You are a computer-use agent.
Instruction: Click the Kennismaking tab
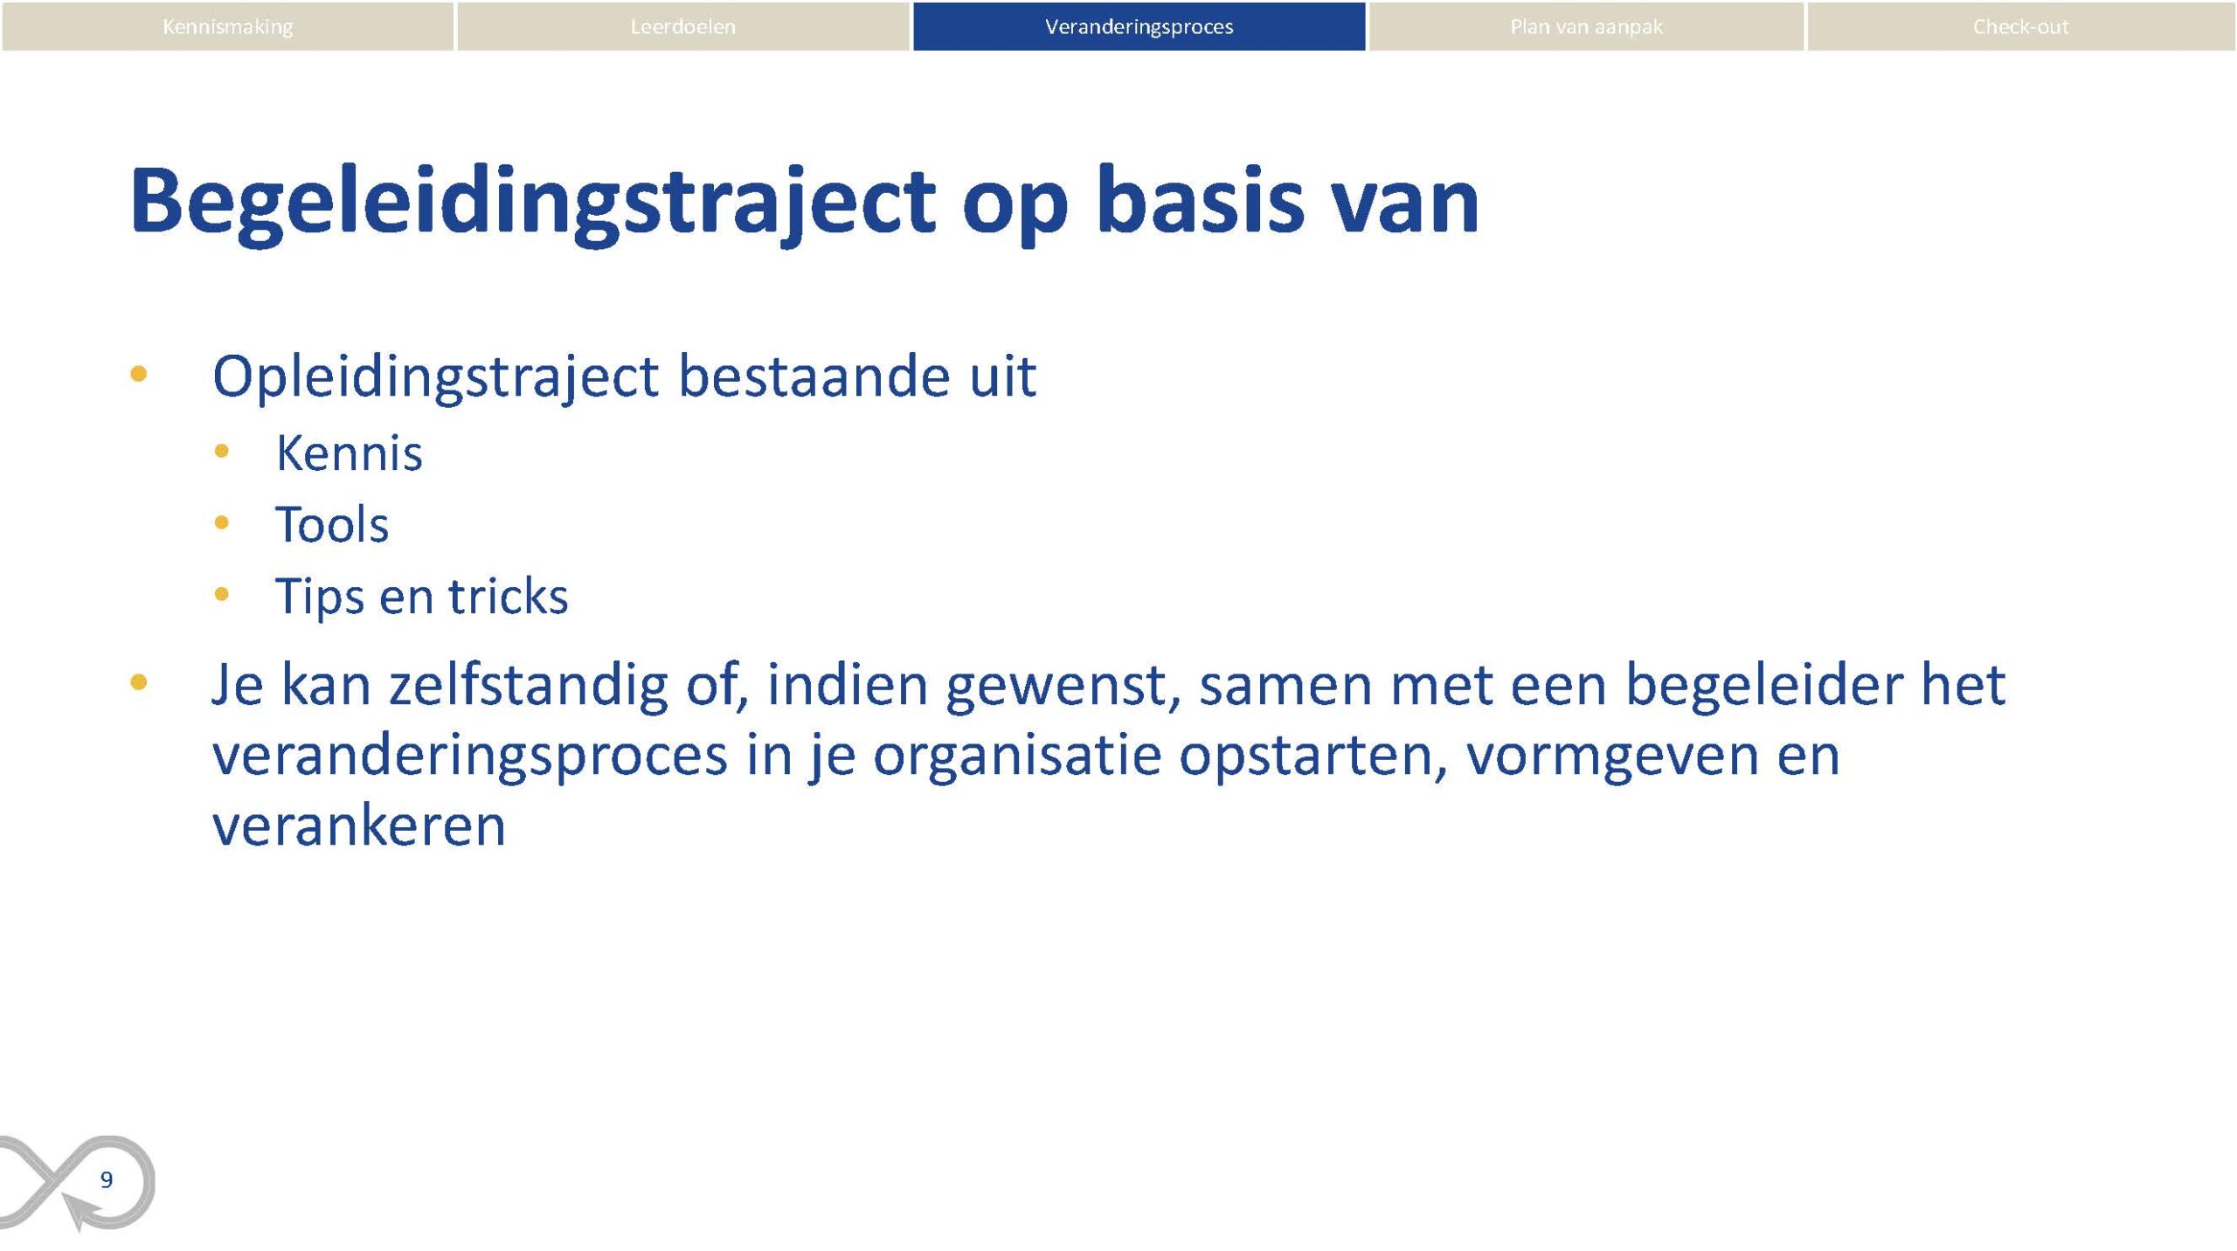coord(227,26)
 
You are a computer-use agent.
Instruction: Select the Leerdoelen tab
coord(682,26)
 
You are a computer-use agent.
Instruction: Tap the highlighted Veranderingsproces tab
coord(1139,26)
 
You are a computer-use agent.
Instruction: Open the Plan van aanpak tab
coord(1586,26)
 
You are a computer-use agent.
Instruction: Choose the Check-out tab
coord(2020,26)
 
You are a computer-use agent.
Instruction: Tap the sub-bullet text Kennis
coord(349,453)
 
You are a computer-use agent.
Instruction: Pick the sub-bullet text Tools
coord(332,525)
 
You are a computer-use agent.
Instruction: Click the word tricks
coord(508,596)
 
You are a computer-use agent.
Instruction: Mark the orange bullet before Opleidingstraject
coord(138,375)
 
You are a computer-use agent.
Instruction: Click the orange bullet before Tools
coord(221,522)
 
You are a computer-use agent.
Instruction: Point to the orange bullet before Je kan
coord(138,682)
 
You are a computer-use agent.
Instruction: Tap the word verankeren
coord(359,826)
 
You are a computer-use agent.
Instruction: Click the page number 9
coord(107,1180)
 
